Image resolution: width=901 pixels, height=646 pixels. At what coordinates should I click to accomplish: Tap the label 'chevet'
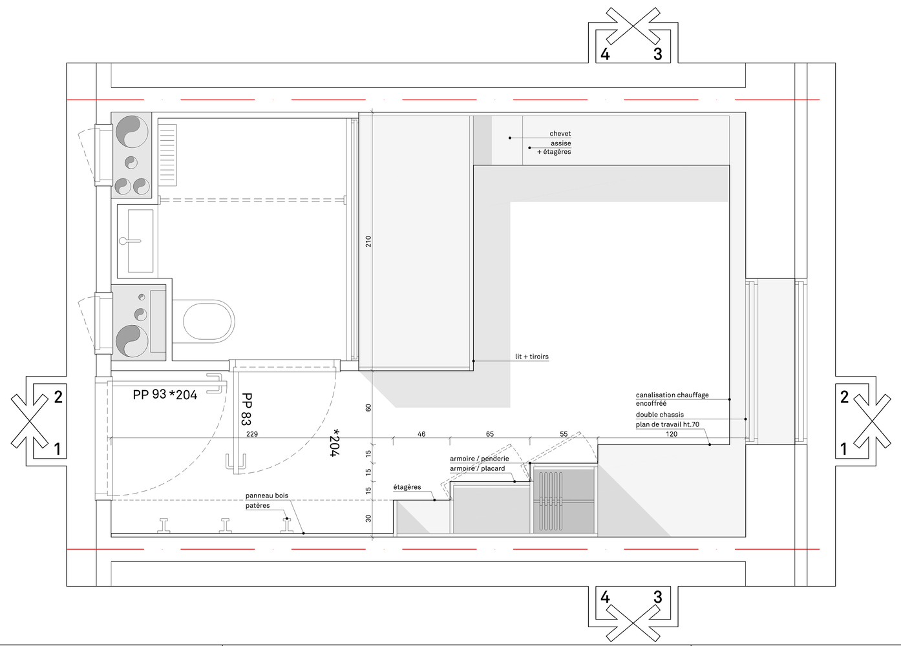click(560, 134)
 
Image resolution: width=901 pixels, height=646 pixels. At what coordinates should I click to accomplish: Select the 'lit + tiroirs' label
click(532, 357)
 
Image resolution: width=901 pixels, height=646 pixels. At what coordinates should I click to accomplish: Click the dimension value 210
click(368, 241)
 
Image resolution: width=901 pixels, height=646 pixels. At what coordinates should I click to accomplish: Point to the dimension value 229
click(252, 434)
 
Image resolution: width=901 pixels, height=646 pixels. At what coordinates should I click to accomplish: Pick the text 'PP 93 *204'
click(165, 395)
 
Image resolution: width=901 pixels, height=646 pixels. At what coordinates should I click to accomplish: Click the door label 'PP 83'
click(246, 409)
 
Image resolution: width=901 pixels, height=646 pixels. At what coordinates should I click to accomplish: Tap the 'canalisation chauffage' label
click(672, 395)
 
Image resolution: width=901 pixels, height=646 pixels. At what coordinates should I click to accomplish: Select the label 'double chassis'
click(660, 415)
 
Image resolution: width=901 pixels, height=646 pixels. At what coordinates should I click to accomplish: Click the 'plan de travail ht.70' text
click(667, 424)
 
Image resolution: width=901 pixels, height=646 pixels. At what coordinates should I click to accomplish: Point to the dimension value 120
click(672, 434)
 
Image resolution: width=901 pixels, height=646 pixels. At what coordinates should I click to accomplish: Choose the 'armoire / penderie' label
click(479, 459)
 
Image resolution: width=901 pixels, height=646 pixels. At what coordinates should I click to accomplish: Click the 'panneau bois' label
click(267, 495)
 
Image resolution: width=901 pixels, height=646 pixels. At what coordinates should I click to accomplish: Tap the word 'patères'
click(257, 506)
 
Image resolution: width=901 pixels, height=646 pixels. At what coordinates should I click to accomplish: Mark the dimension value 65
click(489, 434)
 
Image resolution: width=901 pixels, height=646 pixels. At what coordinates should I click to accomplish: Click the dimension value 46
click(421, 434)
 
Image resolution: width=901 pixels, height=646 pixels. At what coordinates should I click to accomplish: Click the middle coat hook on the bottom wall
click(225, 525)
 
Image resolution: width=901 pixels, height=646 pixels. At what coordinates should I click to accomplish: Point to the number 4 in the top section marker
click(605, 54)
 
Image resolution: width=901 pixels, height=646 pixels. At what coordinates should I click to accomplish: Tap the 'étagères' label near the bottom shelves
click(407, 487)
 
